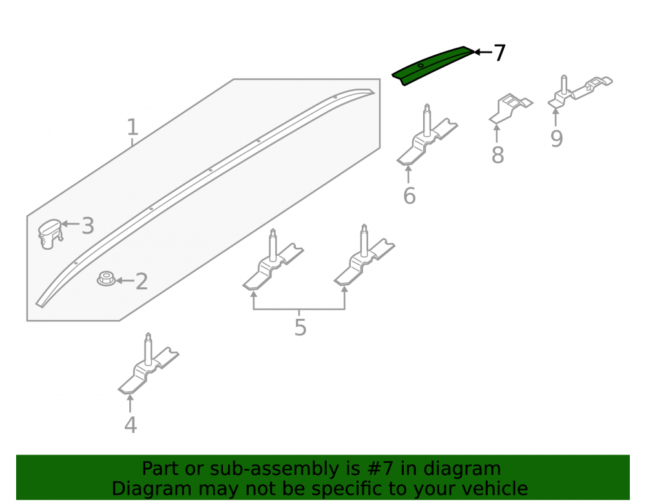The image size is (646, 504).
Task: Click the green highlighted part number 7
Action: click(x=433, y=65)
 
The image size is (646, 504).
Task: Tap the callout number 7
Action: click(x=499, y=53)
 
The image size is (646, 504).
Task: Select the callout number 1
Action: click(x=132, y=127)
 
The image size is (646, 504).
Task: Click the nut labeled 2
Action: click(x=107, y=279)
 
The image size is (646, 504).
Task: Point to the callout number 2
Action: click(x=141, y=281)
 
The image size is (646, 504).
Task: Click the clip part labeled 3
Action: click(x=50, y=234)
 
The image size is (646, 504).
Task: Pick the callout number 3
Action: click(x=88, y=226)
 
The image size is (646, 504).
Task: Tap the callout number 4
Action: click(x=130, y=425)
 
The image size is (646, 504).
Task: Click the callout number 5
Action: click(x=300, y=327)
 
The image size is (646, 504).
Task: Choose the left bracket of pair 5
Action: click(x=273, y=261)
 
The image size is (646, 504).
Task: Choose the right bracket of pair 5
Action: click(x=364, y=257)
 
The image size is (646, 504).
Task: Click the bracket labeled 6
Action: click(x=427, y=136)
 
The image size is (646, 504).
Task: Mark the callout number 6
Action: click(x=409, y=196)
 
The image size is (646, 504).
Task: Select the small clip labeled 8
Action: click(x=511, y=108)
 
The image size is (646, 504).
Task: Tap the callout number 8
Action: click(x=497, y=155)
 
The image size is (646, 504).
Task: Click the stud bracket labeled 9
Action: click(x=580, y=92)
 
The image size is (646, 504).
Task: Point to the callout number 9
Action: click(x=557, y=139)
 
